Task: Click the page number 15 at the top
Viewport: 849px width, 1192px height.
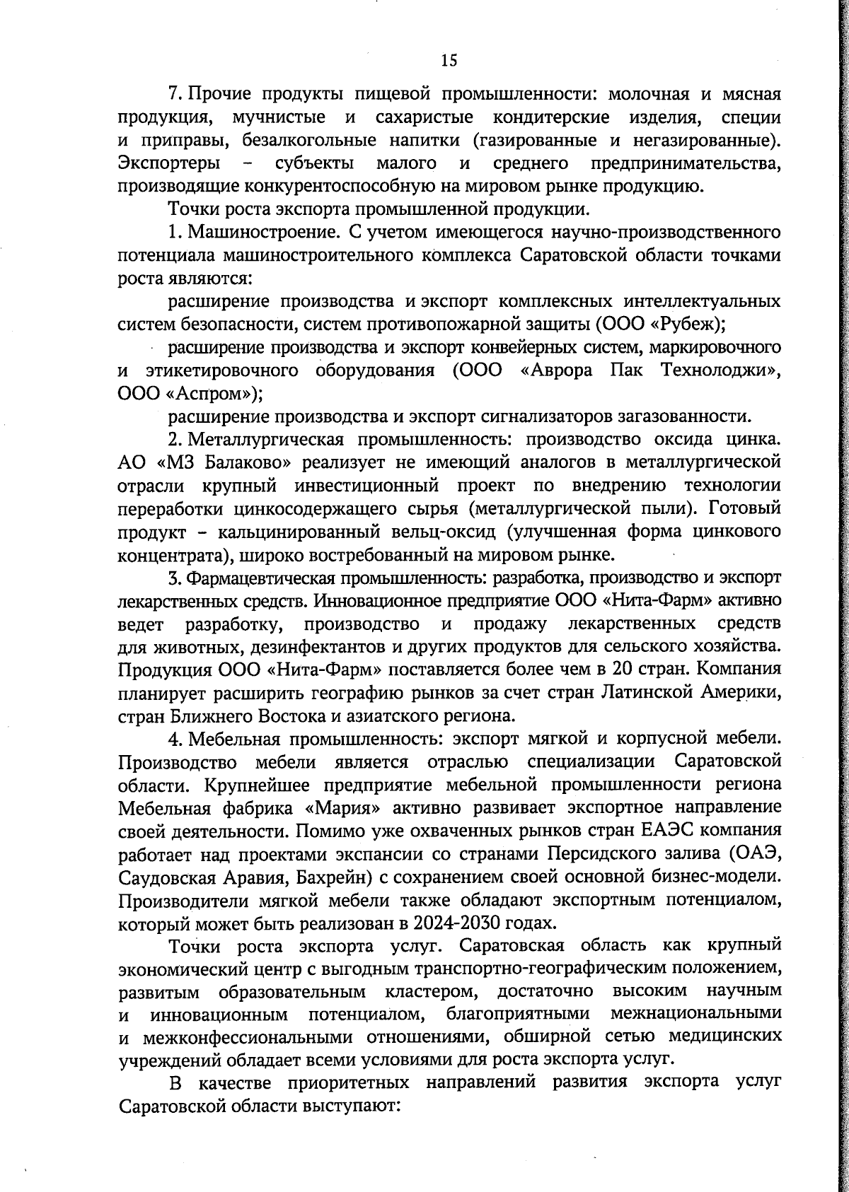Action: (449, 61)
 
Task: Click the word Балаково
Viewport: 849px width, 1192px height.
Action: (242, 463)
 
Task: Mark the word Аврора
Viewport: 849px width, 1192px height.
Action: (553, 370)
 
